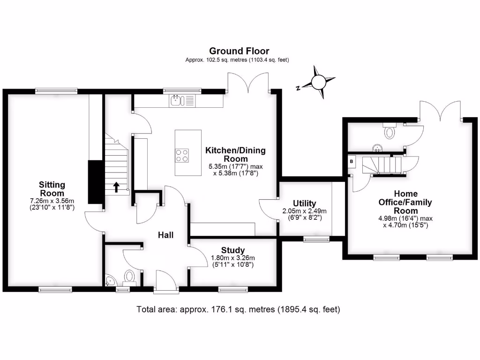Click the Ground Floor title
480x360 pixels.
pos(239,51)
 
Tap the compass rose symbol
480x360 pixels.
pos(318,82)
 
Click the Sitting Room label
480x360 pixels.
pos(52,189)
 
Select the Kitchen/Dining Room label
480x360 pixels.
pos(235,155)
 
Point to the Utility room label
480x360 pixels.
pos(304,203)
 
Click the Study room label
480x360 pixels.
pos(233,250)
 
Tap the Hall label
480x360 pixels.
pos(166,235)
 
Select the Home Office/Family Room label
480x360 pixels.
pos(406,202)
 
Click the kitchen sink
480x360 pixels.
pos(177,100)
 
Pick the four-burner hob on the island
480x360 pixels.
pos(182,155)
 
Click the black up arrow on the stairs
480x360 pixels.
pos(116,187)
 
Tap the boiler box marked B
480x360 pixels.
pos(352,161)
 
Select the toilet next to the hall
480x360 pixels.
pos(129,277)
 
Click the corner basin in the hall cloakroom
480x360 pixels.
pos(110,281)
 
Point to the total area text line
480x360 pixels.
pos(238,309)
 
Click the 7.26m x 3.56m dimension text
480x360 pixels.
pos(52,201)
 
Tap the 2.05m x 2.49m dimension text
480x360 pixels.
pos(304,211)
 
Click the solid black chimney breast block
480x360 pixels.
pos(96,181)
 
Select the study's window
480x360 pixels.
pos(233,290)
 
